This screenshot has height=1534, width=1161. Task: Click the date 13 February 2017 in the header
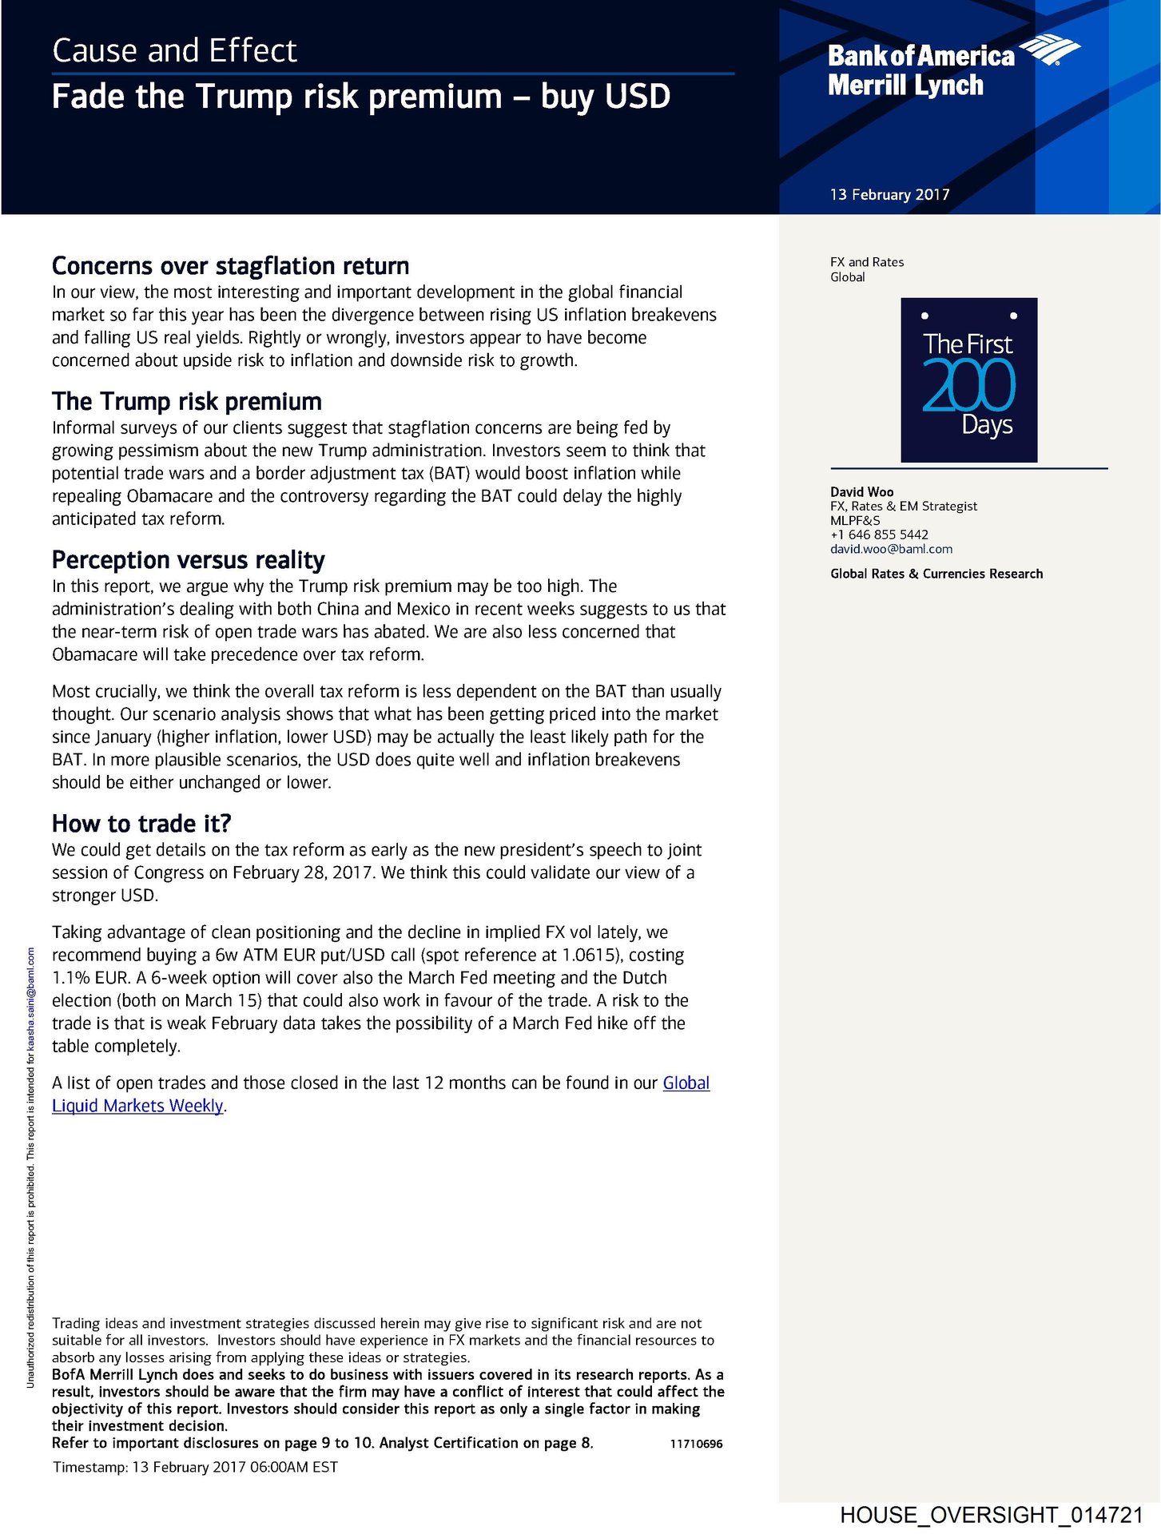[889, 194]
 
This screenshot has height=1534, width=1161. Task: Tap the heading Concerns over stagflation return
[230, 265]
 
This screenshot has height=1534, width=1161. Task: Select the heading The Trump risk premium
[186, 401]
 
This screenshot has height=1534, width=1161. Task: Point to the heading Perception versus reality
[188, 559]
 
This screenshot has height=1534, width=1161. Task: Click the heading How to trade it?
[141, 823]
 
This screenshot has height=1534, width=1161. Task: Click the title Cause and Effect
[174, 51]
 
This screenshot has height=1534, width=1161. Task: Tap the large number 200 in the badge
[968, 386]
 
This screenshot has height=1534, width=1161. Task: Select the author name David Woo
[861, 491]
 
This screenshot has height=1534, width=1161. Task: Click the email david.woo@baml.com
[891, 549]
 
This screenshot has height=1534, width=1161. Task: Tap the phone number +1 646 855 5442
[879, 535]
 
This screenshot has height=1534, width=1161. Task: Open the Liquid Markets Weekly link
[137, 1106]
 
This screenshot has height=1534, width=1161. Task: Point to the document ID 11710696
[696, 1444]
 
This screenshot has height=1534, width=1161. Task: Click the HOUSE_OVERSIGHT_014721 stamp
[992, 1515]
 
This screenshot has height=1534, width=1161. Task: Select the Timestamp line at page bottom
[195, 1467]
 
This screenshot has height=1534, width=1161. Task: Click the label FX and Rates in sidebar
[867, 262]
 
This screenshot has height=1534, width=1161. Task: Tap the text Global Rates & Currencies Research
[936, 574]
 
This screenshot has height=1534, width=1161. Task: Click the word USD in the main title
[637, 97]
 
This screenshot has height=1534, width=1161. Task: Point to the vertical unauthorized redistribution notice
[30, 1166]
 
